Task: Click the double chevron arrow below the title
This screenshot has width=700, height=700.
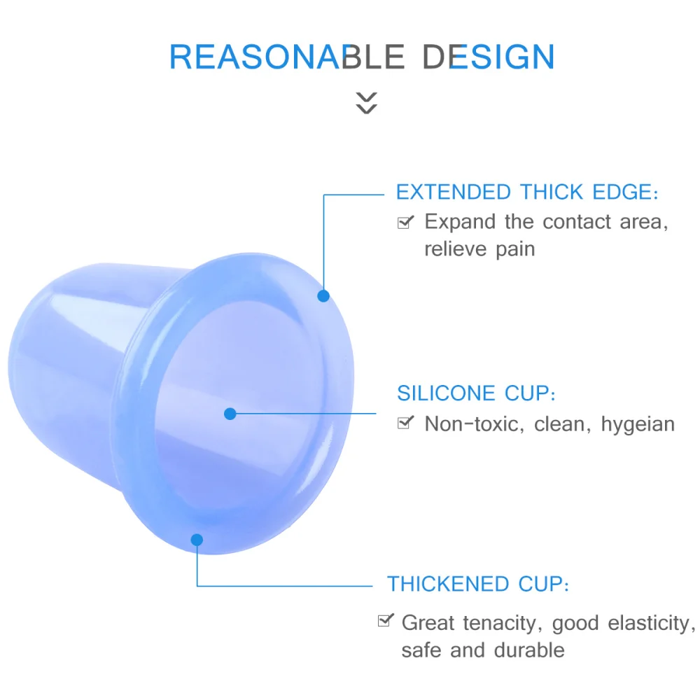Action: coord(366,102)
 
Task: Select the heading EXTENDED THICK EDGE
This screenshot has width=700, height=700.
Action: coord(527,192)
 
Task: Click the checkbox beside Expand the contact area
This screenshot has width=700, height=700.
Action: coord(405,223)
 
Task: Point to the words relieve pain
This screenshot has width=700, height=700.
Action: coord(479,248)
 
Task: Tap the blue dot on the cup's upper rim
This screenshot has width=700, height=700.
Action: coord(323,295)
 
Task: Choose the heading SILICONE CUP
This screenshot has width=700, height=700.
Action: coord(476,393)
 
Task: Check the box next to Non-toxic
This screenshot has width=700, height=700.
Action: coord(405,423)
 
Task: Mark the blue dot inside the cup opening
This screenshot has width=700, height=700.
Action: coord(230,414)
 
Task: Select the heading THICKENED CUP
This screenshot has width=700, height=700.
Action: coord(478,584)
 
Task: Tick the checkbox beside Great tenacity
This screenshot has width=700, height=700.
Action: coord(384,621)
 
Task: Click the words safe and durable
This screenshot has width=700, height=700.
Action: coord(482,650)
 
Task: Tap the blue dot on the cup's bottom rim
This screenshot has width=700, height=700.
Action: coord(197,540)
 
